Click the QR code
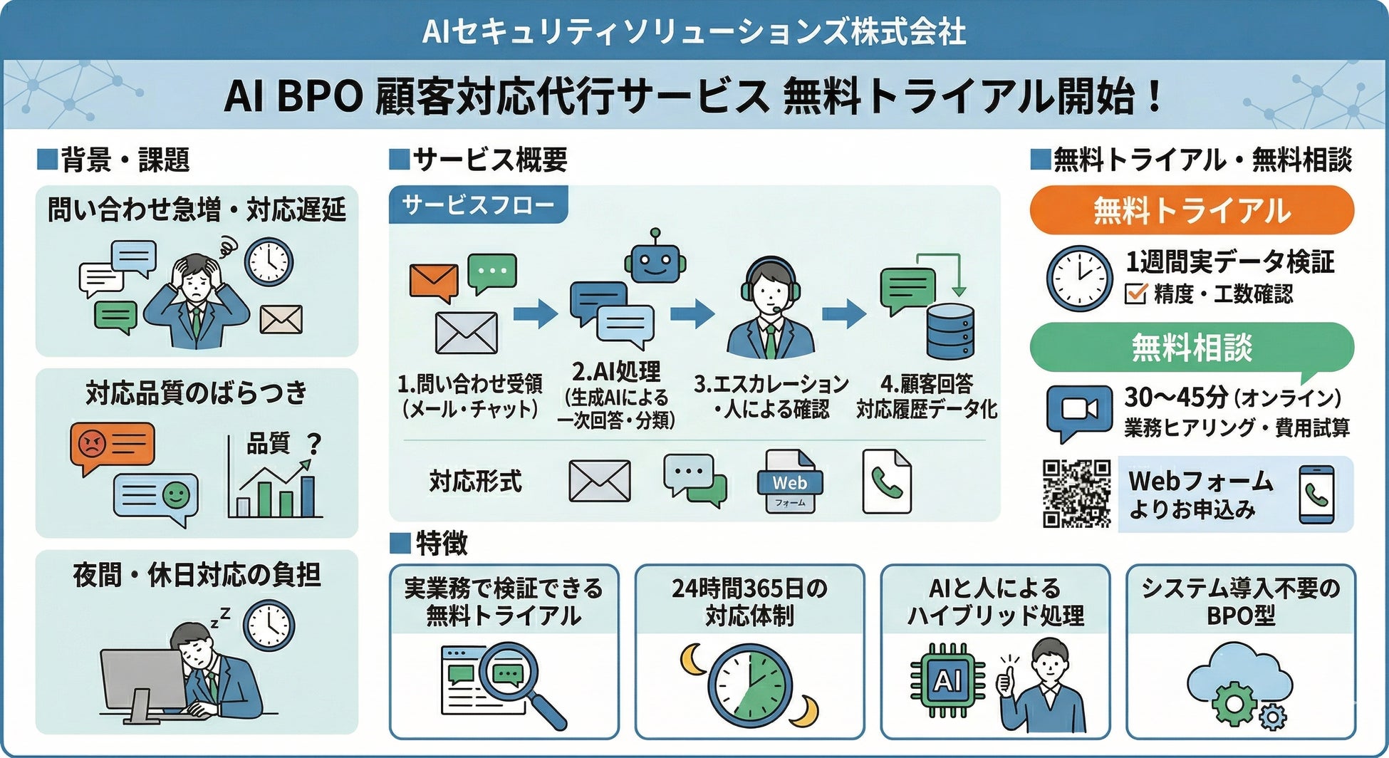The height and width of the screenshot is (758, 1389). click(x=1076, y=493)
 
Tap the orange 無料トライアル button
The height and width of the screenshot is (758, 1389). click(x=1192, y=210)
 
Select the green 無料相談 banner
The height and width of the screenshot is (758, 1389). click(x=1192, y=347)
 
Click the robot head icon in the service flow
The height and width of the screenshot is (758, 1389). click(x=655, y=261)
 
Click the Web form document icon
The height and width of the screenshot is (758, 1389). click(x=789, y=482)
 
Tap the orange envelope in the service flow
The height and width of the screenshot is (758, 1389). click(x=433, y=282)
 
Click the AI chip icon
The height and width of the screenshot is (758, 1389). click(x=947, y=680)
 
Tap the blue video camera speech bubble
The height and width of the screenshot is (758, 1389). click(x=1078, y=411)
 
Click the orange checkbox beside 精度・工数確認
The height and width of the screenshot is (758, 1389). click(x=1135, y=293)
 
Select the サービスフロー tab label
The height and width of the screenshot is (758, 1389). click(x=478, y=205)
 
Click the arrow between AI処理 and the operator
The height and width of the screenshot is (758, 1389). click(x=692, y=313)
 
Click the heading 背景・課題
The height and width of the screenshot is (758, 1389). click(x=125, y=160)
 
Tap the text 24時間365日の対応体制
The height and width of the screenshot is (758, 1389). click(x=749, y=601)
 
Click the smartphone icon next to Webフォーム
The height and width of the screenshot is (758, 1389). click(x=1316, y=494)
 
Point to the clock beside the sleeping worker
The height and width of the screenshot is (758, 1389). click(x=269, y=625)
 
